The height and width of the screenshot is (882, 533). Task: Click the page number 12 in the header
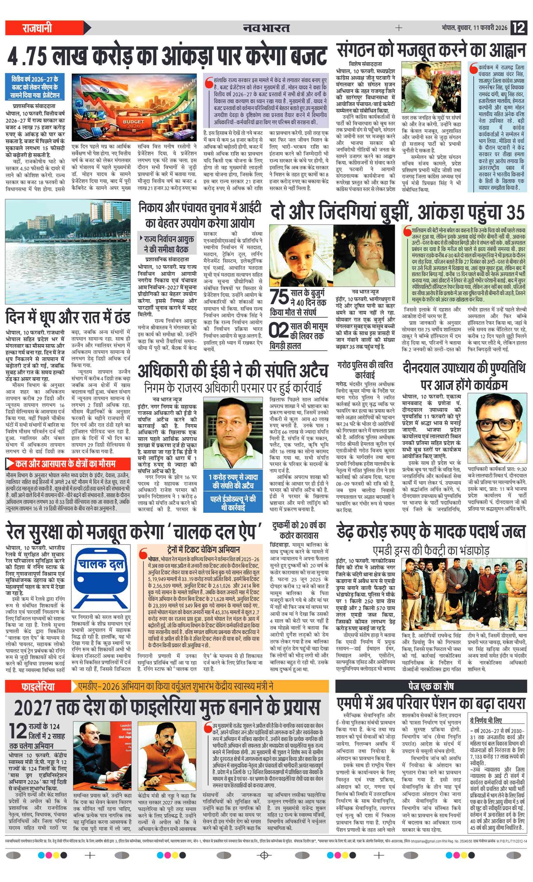[519, 28]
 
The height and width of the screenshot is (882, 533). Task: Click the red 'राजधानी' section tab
[37, 28]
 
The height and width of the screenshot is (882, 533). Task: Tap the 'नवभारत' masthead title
[266, 28]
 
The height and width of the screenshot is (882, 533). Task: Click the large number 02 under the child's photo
[279, 330]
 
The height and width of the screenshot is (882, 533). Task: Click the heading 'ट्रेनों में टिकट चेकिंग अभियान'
[204, 549]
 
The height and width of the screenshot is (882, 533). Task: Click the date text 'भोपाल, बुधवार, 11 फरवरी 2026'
[474, 28]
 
